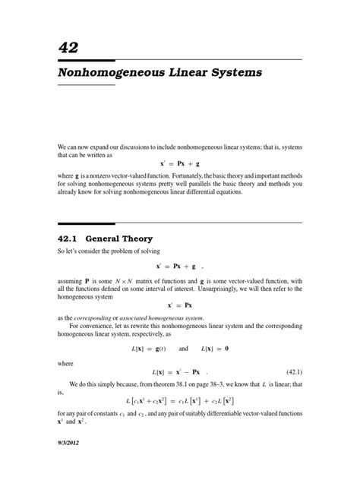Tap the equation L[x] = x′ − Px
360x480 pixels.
(179, 372)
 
